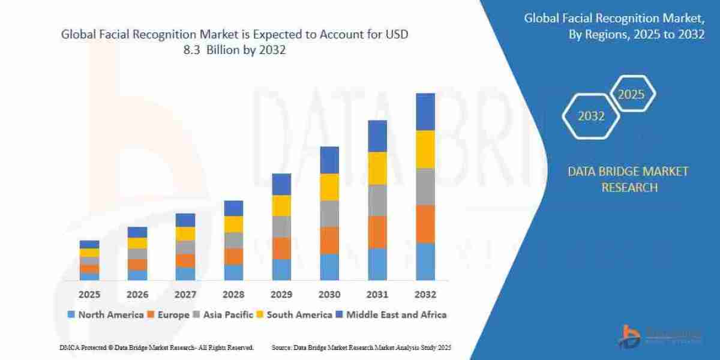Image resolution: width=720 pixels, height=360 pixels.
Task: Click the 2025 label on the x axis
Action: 89,295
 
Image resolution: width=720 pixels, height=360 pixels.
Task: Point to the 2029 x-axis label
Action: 281,295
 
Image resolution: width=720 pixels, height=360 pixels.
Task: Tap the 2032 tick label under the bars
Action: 425,295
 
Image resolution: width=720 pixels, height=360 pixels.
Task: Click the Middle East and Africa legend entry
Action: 392,314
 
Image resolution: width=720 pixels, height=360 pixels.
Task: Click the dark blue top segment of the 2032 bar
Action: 425,112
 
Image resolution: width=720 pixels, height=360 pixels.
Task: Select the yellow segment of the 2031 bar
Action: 377,168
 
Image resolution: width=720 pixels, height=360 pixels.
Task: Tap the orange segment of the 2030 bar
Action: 329,240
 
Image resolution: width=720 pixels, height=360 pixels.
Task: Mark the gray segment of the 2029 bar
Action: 281,226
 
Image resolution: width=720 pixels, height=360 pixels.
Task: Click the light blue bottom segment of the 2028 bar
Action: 233,272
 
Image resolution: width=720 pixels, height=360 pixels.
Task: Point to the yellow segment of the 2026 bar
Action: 137,243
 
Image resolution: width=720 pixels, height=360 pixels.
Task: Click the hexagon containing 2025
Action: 632,94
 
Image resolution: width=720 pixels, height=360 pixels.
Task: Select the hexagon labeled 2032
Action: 591,116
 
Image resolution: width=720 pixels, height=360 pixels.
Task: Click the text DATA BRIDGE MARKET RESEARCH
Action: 628,179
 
